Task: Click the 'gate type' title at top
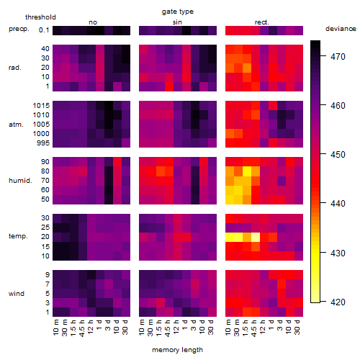click(178, 12)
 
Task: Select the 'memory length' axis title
click(178, 350)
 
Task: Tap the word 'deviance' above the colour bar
click(341, 29)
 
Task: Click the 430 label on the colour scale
click(338, 253)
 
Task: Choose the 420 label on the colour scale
click(338, 302)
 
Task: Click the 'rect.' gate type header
click(262, 22)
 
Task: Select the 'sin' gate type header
click(177, 22)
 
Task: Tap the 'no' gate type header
click(93, 22)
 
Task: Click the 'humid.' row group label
click(20, 181)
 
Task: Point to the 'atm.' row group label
click(16, 125)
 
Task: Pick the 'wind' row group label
click(17, 294)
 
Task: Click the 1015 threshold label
click(41, 106)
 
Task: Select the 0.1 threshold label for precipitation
click(44, 30)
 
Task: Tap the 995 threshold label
click(43, 143)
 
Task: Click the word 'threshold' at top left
click(40, 17)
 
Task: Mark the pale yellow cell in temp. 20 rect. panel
click(256, 238)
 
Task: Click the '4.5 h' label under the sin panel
click(168, 328)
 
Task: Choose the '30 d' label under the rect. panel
click(297, 327)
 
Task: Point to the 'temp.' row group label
click(18, 236)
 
